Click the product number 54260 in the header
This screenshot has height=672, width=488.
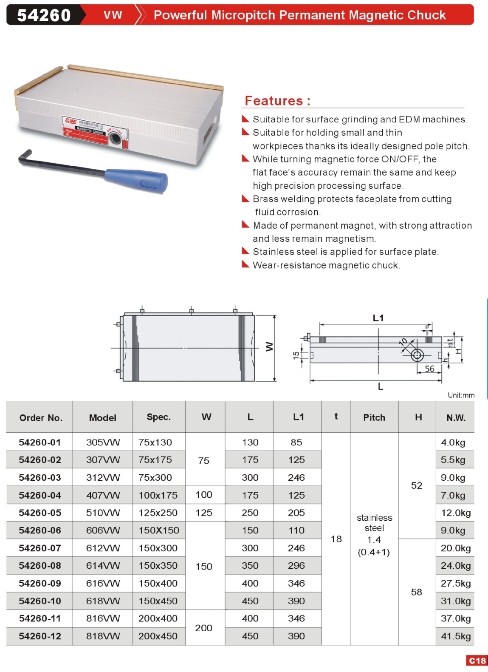coord(44,15)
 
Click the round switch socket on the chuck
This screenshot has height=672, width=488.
coord(114,138)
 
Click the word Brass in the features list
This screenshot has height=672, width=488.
coord(266,199)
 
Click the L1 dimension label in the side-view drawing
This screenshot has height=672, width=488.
coord(378,318)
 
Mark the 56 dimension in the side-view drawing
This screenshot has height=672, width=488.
coord(429,369)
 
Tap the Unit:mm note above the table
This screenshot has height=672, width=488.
coord(461,395)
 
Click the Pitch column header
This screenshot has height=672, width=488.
coord(374,417)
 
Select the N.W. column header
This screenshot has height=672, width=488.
coord(455,418)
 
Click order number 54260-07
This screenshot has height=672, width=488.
coord(40,548)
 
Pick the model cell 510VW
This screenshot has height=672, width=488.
coord(103,513)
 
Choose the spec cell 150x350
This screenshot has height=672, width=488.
coord(158,565)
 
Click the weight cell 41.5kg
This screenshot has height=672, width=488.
coord(455,636)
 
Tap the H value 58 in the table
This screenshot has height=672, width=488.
coord(416,592)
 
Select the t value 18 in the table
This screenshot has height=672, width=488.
coord(336,539)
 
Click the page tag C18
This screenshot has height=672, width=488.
coord(477,661)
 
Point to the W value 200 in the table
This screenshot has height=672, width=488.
coord(203,627)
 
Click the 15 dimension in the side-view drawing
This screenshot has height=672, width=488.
coord(296,355)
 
